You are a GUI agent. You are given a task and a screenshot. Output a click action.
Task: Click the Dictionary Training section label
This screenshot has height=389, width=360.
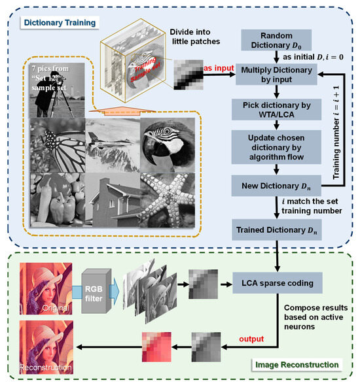point(59,23)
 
